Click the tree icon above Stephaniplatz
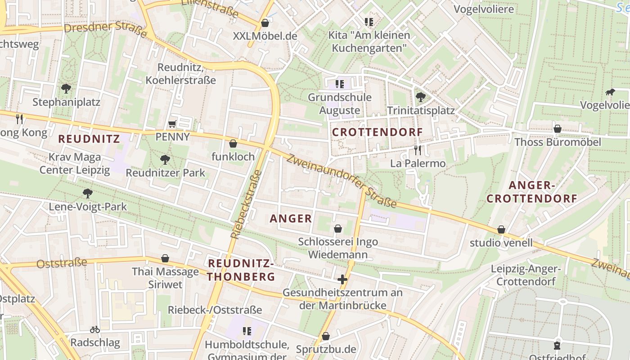click(66, 88)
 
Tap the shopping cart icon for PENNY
click(172, 124)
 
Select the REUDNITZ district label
click(89, 139)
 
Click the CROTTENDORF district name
click(378, 132)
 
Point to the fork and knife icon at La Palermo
click(418, 150)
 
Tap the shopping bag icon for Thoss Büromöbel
click(557, 129)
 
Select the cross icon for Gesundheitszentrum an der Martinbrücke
click(342, 279)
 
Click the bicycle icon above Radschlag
click(95, 329)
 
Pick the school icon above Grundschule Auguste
click(340, 84)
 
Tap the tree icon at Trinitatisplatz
click(421, 97)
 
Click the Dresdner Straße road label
click(105, 30)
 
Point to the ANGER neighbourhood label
click(291, 219)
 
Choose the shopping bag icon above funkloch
click(233, 144)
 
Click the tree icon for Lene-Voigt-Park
click(88, 193)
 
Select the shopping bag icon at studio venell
click(501, 229)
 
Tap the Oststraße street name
click(62, 263)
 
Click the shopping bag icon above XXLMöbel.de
click(265, 22)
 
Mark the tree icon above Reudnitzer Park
click(165, 159)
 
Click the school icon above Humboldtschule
click(247, 332)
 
